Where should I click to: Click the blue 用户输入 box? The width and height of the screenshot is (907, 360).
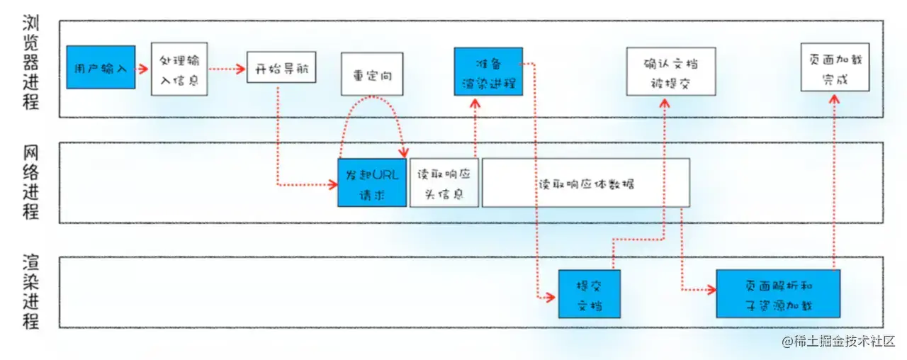click(101, 67)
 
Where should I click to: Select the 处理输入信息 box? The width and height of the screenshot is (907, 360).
click(179, 69)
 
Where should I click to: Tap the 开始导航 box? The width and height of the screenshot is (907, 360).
click(281, 67)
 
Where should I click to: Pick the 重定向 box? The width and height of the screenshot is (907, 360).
click(372, 74)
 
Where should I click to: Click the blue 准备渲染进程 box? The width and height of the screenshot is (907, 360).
click(488, 72)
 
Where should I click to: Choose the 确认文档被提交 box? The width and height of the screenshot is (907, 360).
click(671, 72)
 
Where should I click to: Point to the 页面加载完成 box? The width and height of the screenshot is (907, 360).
click(835, 67)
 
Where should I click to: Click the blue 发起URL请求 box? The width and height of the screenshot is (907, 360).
click(372, 183)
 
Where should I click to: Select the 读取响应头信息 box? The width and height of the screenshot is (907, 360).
click(444, 183)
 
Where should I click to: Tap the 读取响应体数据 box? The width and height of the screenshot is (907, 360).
click(586, 183)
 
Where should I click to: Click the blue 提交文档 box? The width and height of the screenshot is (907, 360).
click(589, 294)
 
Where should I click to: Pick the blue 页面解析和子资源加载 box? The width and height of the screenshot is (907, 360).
click(778, 294)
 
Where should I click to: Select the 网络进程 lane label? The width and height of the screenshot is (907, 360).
click(30, 183)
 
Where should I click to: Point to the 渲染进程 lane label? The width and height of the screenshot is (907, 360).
click(30, 291)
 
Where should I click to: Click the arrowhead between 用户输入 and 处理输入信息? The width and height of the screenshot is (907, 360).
click(143, 69)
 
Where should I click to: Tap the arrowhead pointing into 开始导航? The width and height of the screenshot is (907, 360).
click(241, 69)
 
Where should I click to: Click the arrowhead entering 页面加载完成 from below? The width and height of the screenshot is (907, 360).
click(834, 99)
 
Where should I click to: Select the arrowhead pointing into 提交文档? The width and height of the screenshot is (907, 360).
click(550, 298)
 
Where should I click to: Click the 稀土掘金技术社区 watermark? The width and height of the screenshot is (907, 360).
click(838, 342)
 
